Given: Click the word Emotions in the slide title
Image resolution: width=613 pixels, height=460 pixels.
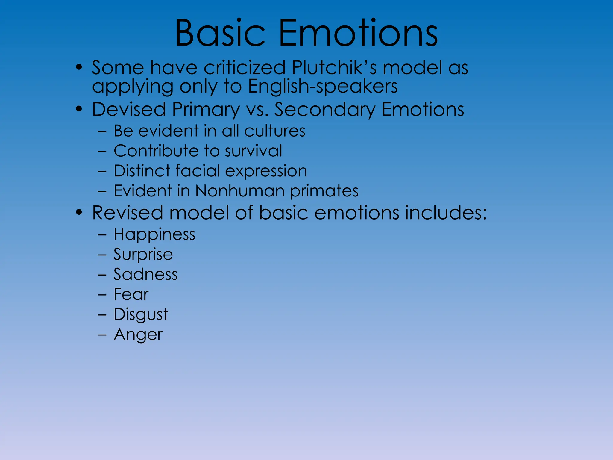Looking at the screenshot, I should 358,33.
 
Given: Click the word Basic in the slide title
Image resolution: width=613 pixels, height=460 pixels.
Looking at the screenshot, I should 220,33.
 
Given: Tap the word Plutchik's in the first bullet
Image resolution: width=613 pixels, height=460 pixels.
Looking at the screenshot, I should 334,68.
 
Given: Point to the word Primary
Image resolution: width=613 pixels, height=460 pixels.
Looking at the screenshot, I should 206,110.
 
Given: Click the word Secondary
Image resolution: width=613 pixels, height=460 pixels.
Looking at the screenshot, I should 325,110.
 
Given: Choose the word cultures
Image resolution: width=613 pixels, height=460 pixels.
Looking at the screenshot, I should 274,131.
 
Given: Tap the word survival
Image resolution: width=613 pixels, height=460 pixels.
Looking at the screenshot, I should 253,151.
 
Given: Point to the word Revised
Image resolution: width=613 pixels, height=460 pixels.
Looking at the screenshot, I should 128,213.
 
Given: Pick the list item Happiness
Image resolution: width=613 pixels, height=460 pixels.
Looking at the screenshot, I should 154,234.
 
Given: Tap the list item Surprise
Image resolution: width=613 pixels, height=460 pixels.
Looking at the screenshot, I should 143,255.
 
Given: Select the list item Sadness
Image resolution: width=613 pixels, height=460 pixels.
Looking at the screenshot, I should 145,275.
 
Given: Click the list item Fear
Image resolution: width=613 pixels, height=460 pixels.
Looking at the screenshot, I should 131,294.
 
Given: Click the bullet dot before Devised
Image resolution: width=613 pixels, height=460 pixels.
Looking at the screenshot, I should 79,109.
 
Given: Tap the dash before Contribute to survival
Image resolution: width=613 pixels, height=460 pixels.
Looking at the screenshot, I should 102,151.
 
